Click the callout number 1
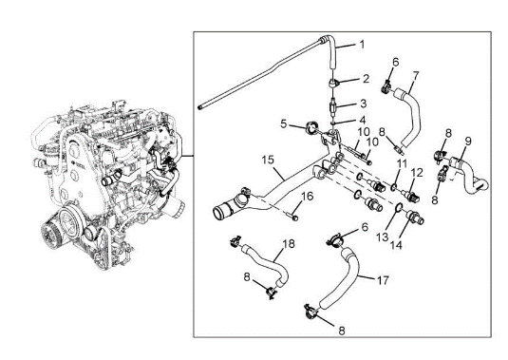[362, 44]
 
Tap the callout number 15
[269, 161]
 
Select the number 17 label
[383, 280]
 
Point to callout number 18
[289, 244]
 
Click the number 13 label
[383, 237]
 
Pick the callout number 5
[284, 123]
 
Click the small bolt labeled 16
[293, 217]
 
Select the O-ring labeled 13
[399, 207]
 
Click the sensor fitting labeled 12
[411, 196]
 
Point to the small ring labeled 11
[393, 186]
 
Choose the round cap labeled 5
[312, 127]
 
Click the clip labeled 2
[333, 84]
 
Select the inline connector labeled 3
[333, 107]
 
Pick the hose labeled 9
[465, 174]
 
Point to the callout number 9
[467, 142]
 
